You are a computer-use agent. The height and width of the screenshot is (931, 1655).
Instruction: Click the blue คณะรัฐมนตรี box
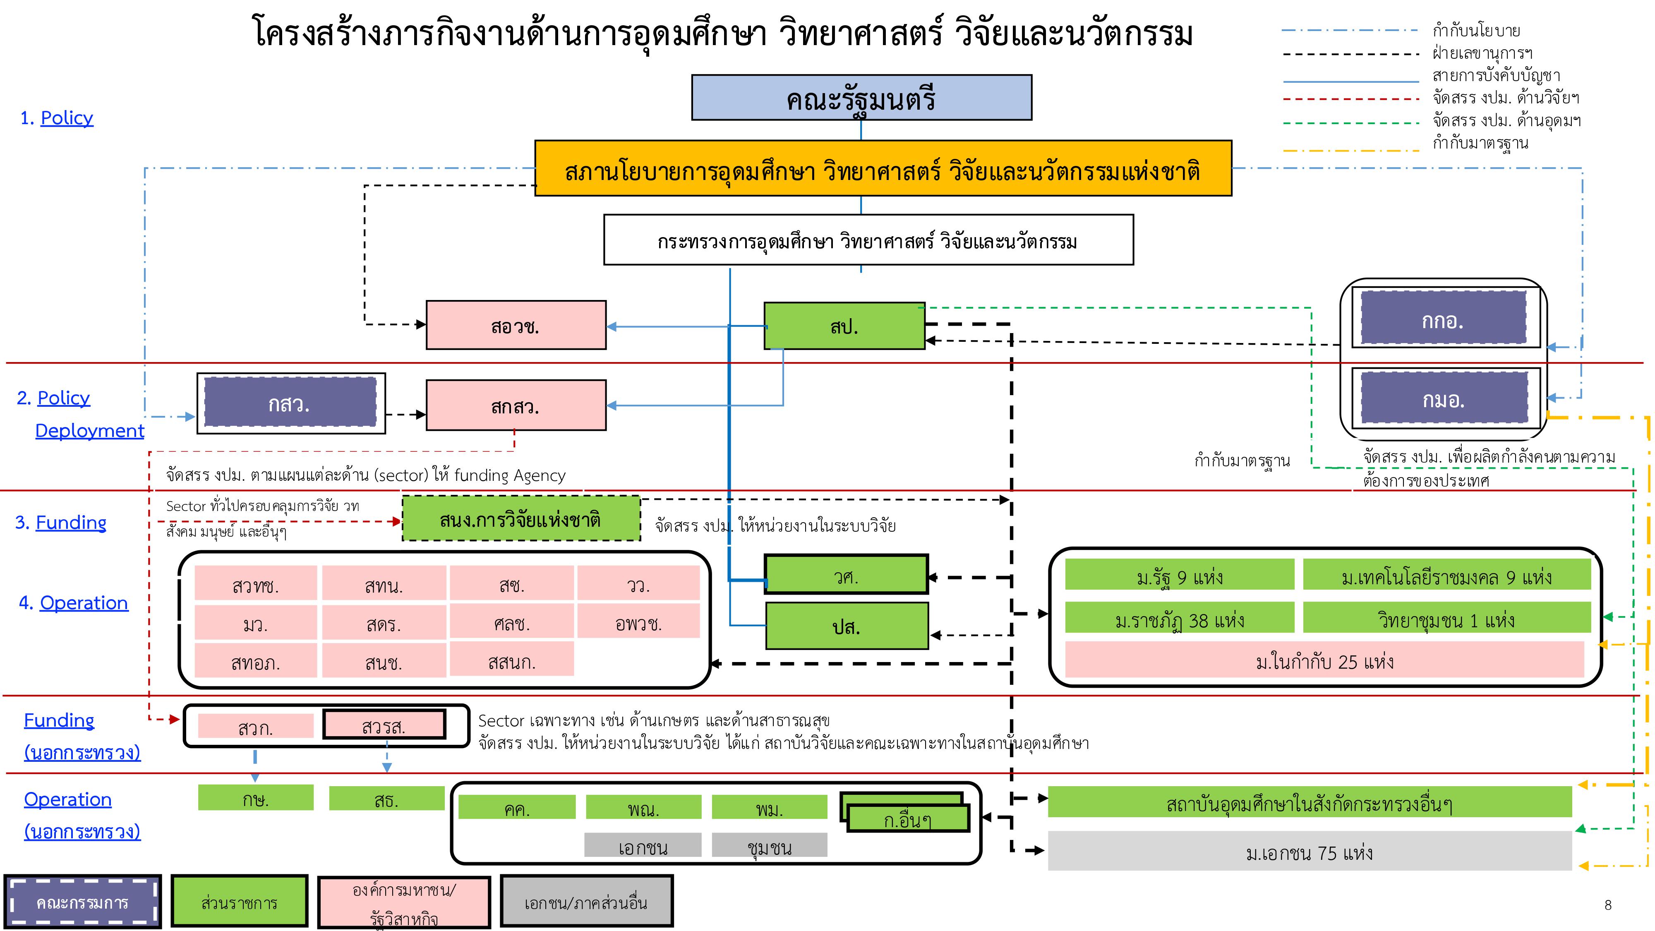pos(861,98)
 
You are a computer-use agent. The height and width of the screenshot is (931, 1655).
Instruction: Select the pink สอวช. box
pos(515,326)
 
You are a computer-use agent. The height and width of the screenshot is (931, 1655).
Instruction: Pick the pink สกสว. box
pos(515,406)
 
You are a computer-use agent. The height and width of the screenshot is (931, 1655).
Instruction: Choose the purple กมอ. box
pos(1444,399)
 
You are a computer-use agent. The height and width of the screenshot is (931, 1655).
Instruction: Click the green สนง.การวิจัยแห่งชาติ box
pos(520,518)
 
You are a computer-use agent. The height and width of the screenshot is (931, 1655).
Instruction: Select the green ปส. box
pos(846,626)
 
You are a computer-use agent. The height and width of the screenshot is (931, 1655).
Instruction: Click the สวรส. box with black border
pos(384,725)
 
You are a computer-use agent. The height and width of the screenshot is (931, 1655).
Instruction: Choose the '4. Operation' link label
pos(74,603)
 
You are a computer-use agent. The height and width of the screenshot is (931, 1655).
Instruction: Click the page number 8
pos(1607,905)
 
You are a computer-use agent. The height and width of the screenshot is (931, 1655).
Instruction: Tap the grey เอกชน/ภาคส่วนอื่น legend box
pos(586,902)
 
